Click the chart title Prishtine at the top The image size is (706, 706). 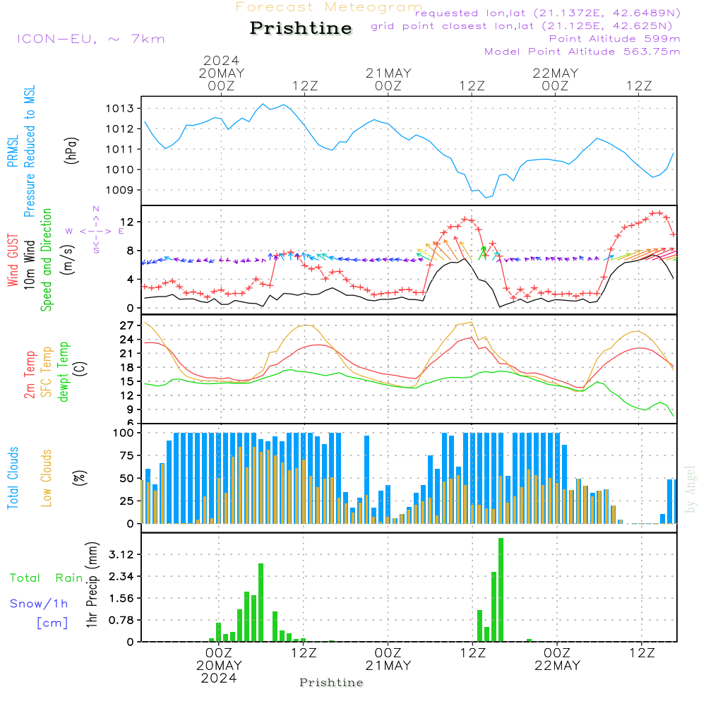(x=301, y=28)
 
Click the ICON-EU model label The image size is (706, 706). (x=90, y=39)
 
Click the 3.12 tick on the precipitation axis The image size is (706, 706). (x=122, y=554)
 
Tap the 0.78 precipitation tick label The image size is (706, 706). (x=122, y=620)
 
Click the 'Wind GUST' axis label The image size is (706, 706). (x=13, y=261)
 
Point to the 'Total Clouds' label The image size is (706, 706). (x=13, y=478)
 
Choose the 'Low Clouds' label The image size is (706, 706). (x=47, y=478)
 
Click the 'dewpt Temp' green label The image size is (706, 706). (x=64, y=372)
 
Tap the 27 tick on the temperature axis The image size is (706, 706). (x=128, y=325)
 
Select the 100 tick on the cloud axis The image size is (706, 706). (x=124, y=433)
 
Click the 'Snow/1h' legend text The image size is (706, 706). (x=40, y=604)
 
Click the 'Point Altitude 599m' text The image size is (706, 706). (x=614, y=39)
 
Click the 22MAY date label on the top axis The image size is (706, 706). (x=556, y=73)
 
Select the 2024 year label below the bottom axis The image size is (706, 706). (x=219, y=678)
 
